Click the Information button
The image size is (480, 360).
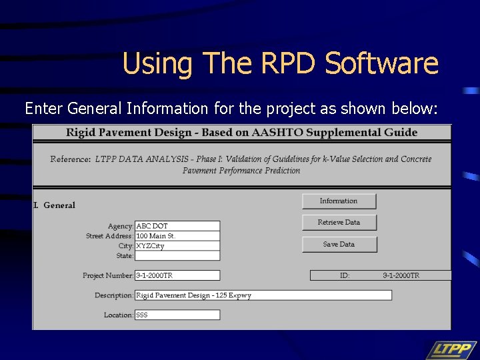(x=339, y=201)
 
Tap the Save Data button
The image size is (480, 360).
(x=339, y=245)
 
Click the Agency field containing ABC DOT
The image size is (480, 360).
(x=177, y=226)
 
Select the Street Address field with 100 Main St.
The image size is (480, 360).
(x=177, y=236)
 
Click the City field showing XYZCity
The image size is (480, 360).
(x=177, y=246)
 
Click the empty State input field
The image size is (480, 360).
(x=177, y=255)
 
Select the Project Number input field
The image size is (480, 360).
(x=177, y=275)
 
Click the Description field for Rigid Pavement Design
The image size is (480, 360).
(x=263, y=295)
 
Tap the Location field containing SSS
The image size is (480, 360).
(x=177, y=315)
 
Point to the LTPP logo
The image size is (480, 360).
(x=451, y=349)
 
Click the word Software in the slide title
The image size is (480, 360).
(x=381, y=64)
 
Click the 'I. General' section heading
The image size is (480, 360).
(x=55, y=205)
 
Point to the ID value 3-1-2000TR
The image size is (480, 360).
(x=401, y=275)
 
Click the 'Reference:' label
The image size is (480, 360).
(x=71, y=159)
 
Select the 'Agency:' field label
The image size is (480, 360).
(x=121, y=227)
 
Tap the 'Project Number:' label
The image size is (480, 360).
(x=108, y=275)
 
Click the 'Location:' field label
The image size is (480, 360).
(x=118, y=315)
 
